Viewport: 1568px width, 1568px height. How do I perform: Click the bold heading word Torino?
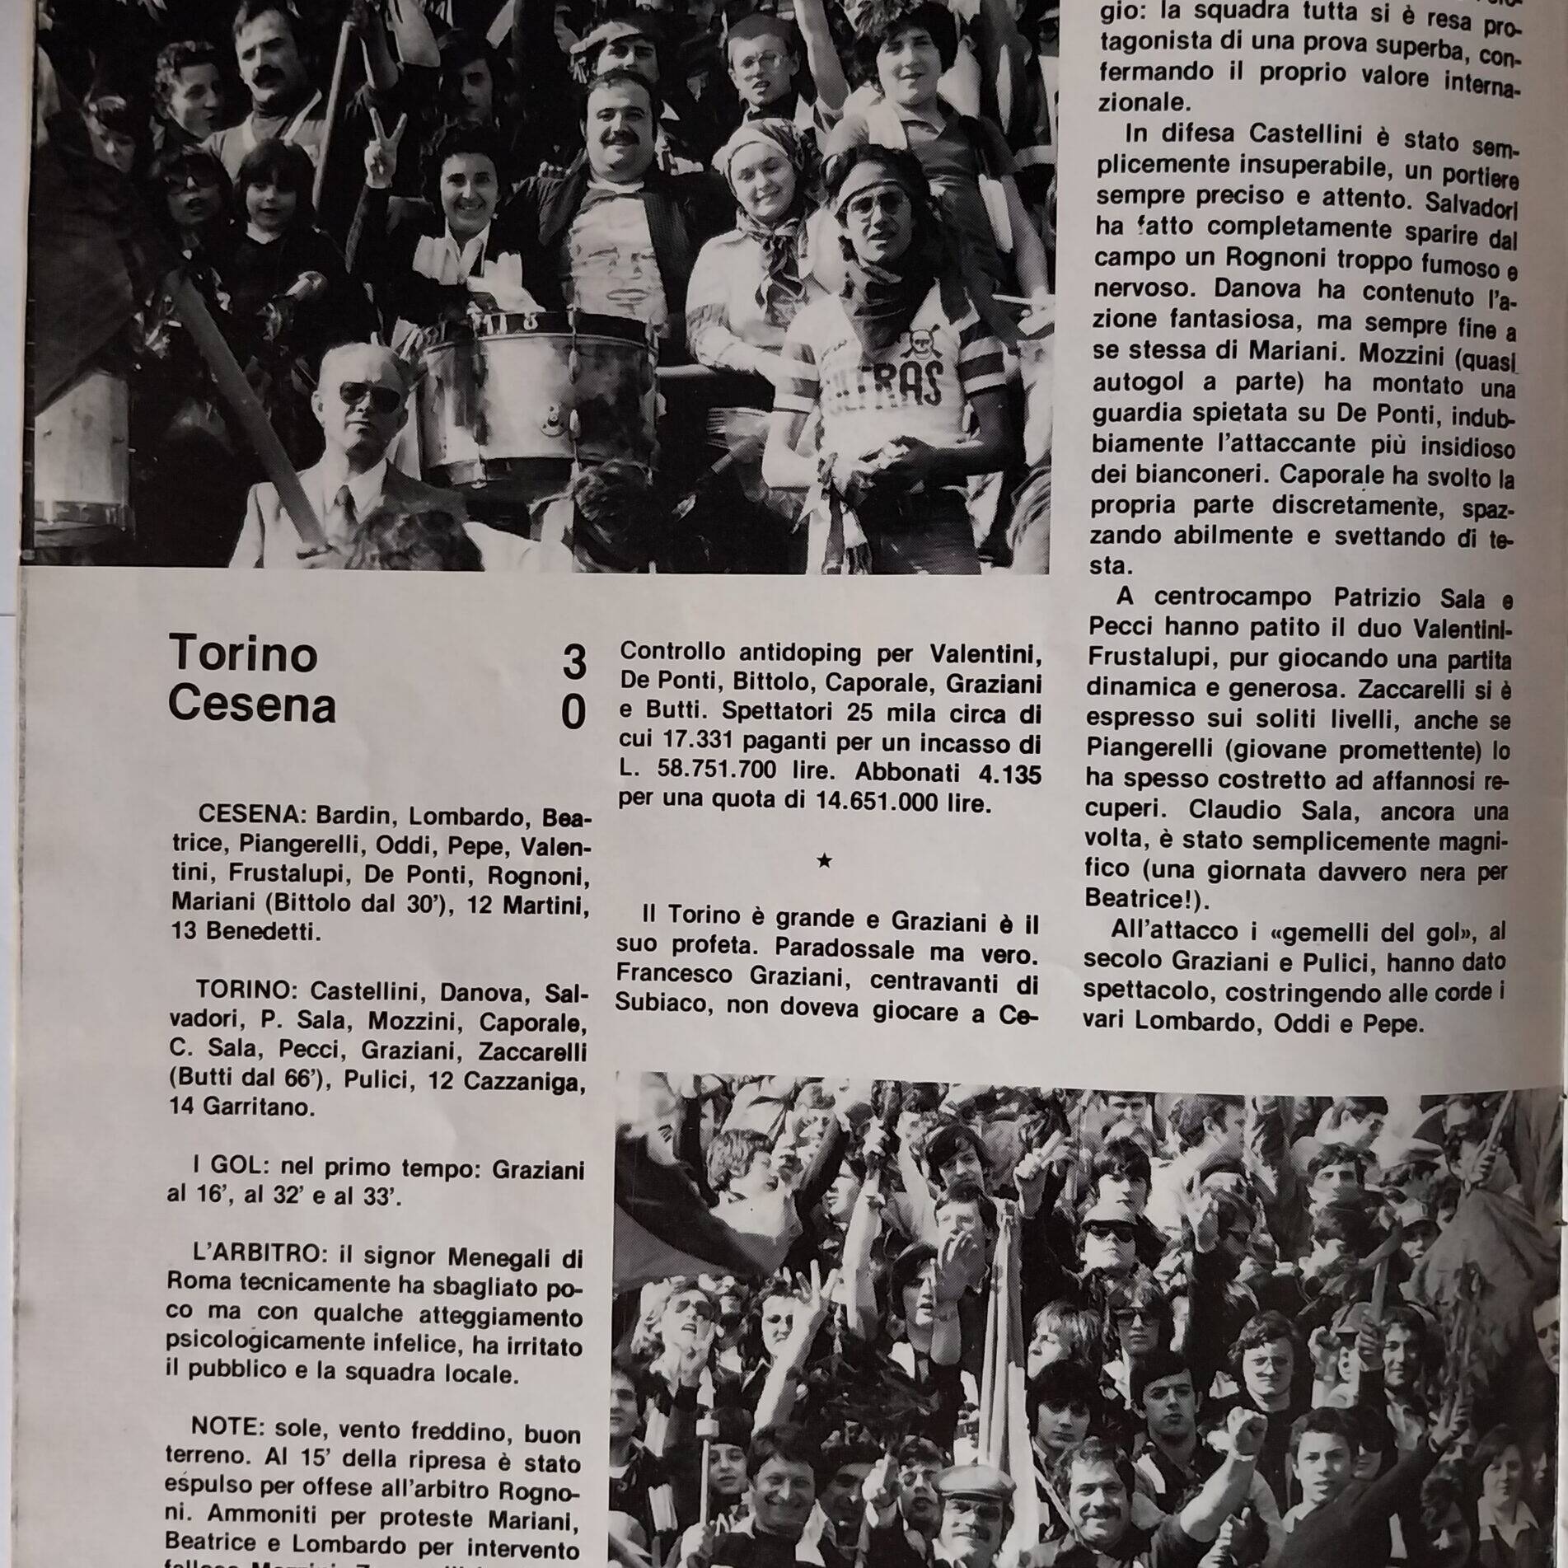pyautogui.click(x=243, y=654)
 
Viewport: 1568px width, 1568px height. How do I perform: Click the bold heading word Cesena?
pyautogui.click(x=252, y=705)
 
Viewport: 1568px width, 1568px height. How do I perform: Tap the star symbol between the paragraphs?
pyautogui.click(x=823, y=861)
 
